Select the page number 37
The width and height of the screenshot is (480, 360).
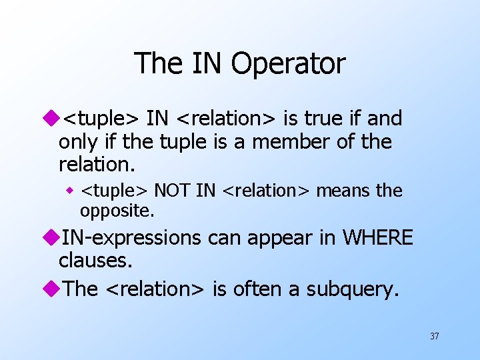click(434, 336)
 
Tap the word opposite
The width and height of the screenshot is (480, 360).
click(117, 211)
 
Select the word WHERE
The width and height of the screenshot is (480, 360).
click(378, 237)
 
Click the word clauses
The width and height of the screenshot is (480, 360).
click(95, 260)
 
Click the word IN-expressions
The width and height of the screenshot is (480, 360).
click(131, 238)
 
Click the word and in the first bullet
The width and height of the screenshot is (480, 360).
click(385, 119)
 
